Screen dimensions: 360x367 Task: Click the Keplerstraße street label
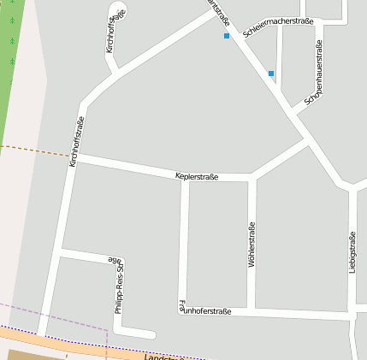point(197,176)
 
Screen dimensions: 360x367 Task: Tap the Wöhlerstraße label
point(252,245)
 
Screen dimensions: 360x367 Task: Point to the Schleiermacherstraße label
point(278,27)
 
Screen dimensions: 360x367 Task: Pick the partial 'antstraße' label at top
point(219,13)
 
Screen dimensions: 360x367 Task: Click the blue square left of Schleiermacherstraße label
point(227,36)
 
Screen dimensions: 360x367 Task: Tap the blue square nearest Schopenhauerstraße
point(271,74)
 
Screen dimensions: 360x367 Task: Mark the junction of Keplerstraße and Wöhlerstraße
point(252,179)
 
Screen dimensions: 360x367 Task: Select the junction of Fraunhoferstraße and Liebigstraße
point(352,315)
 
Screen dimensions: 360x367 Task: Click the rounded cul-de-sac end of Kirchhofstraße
point(118,11)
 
